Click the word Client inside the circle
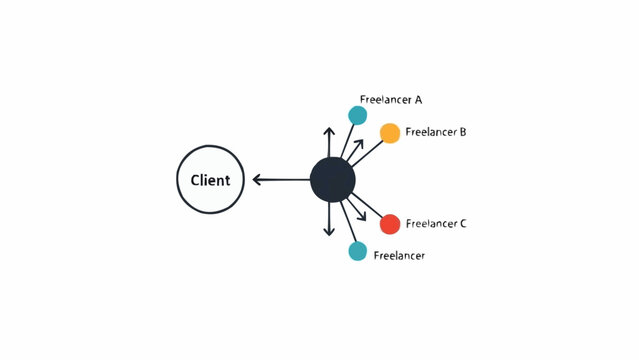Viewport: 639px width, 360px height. pyautogui.click(x=210, y=181)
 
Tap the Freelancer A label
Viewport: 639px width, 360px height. pyautogui.click(x=390, y=100)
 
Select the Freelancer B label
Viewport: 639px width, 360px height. pyautogui.click(x=436, y=132)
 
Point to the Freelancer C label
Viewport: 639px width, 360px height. pyautogui.click(x=436, y=224)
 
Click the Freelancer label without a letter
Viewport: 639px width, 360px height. pyautogui.click(x=399, y=256)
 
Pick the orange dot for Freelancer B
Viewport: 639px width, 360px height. pyautogui.click(x=390, y=133)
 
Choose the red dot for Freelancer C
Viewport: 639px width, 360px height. pyautogui.click(x=390, y=223)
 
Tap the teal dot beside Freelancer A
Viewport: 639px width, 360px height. pyautogui.click(x=357, y=115)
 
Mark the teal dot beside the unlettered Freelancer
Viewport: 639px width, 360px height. pyautogui.click(x=357, y=251)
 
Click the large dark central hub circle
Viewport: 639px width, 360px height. pyautogui.click(x=332, y=180)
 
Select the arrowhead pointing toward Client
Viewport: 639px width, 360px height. pyautogui.click(x=257, y=180)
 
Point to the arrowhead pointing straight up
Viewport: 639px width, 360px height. pyautogui.click(x=329, y=131)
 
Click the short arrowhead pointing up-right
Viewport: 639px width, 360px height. pyautogui.click(x=359, y=143)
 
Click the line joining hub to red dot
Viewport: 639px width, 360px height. pyautogui.click(x=368, y=207)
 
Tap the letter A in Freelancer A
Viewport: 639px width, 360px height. pyautogui.click(x=418, y=100)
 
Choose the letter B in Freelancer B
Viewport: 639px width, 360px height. pyautogui.click(x=463, y=132)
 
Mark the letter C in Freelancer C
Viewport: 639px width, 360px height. pyautogui.click(x=463, y=224)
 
